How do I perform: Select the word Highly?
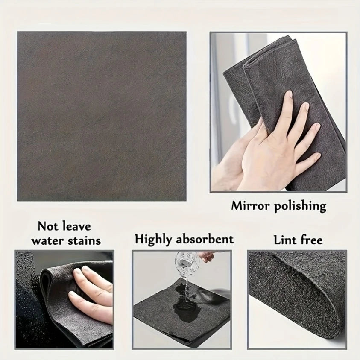154,239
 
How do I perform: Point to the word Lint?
284,240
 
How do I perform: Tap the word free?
310,240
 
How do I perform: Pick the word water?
47,240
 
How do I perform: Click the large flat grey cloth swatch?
102,116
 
